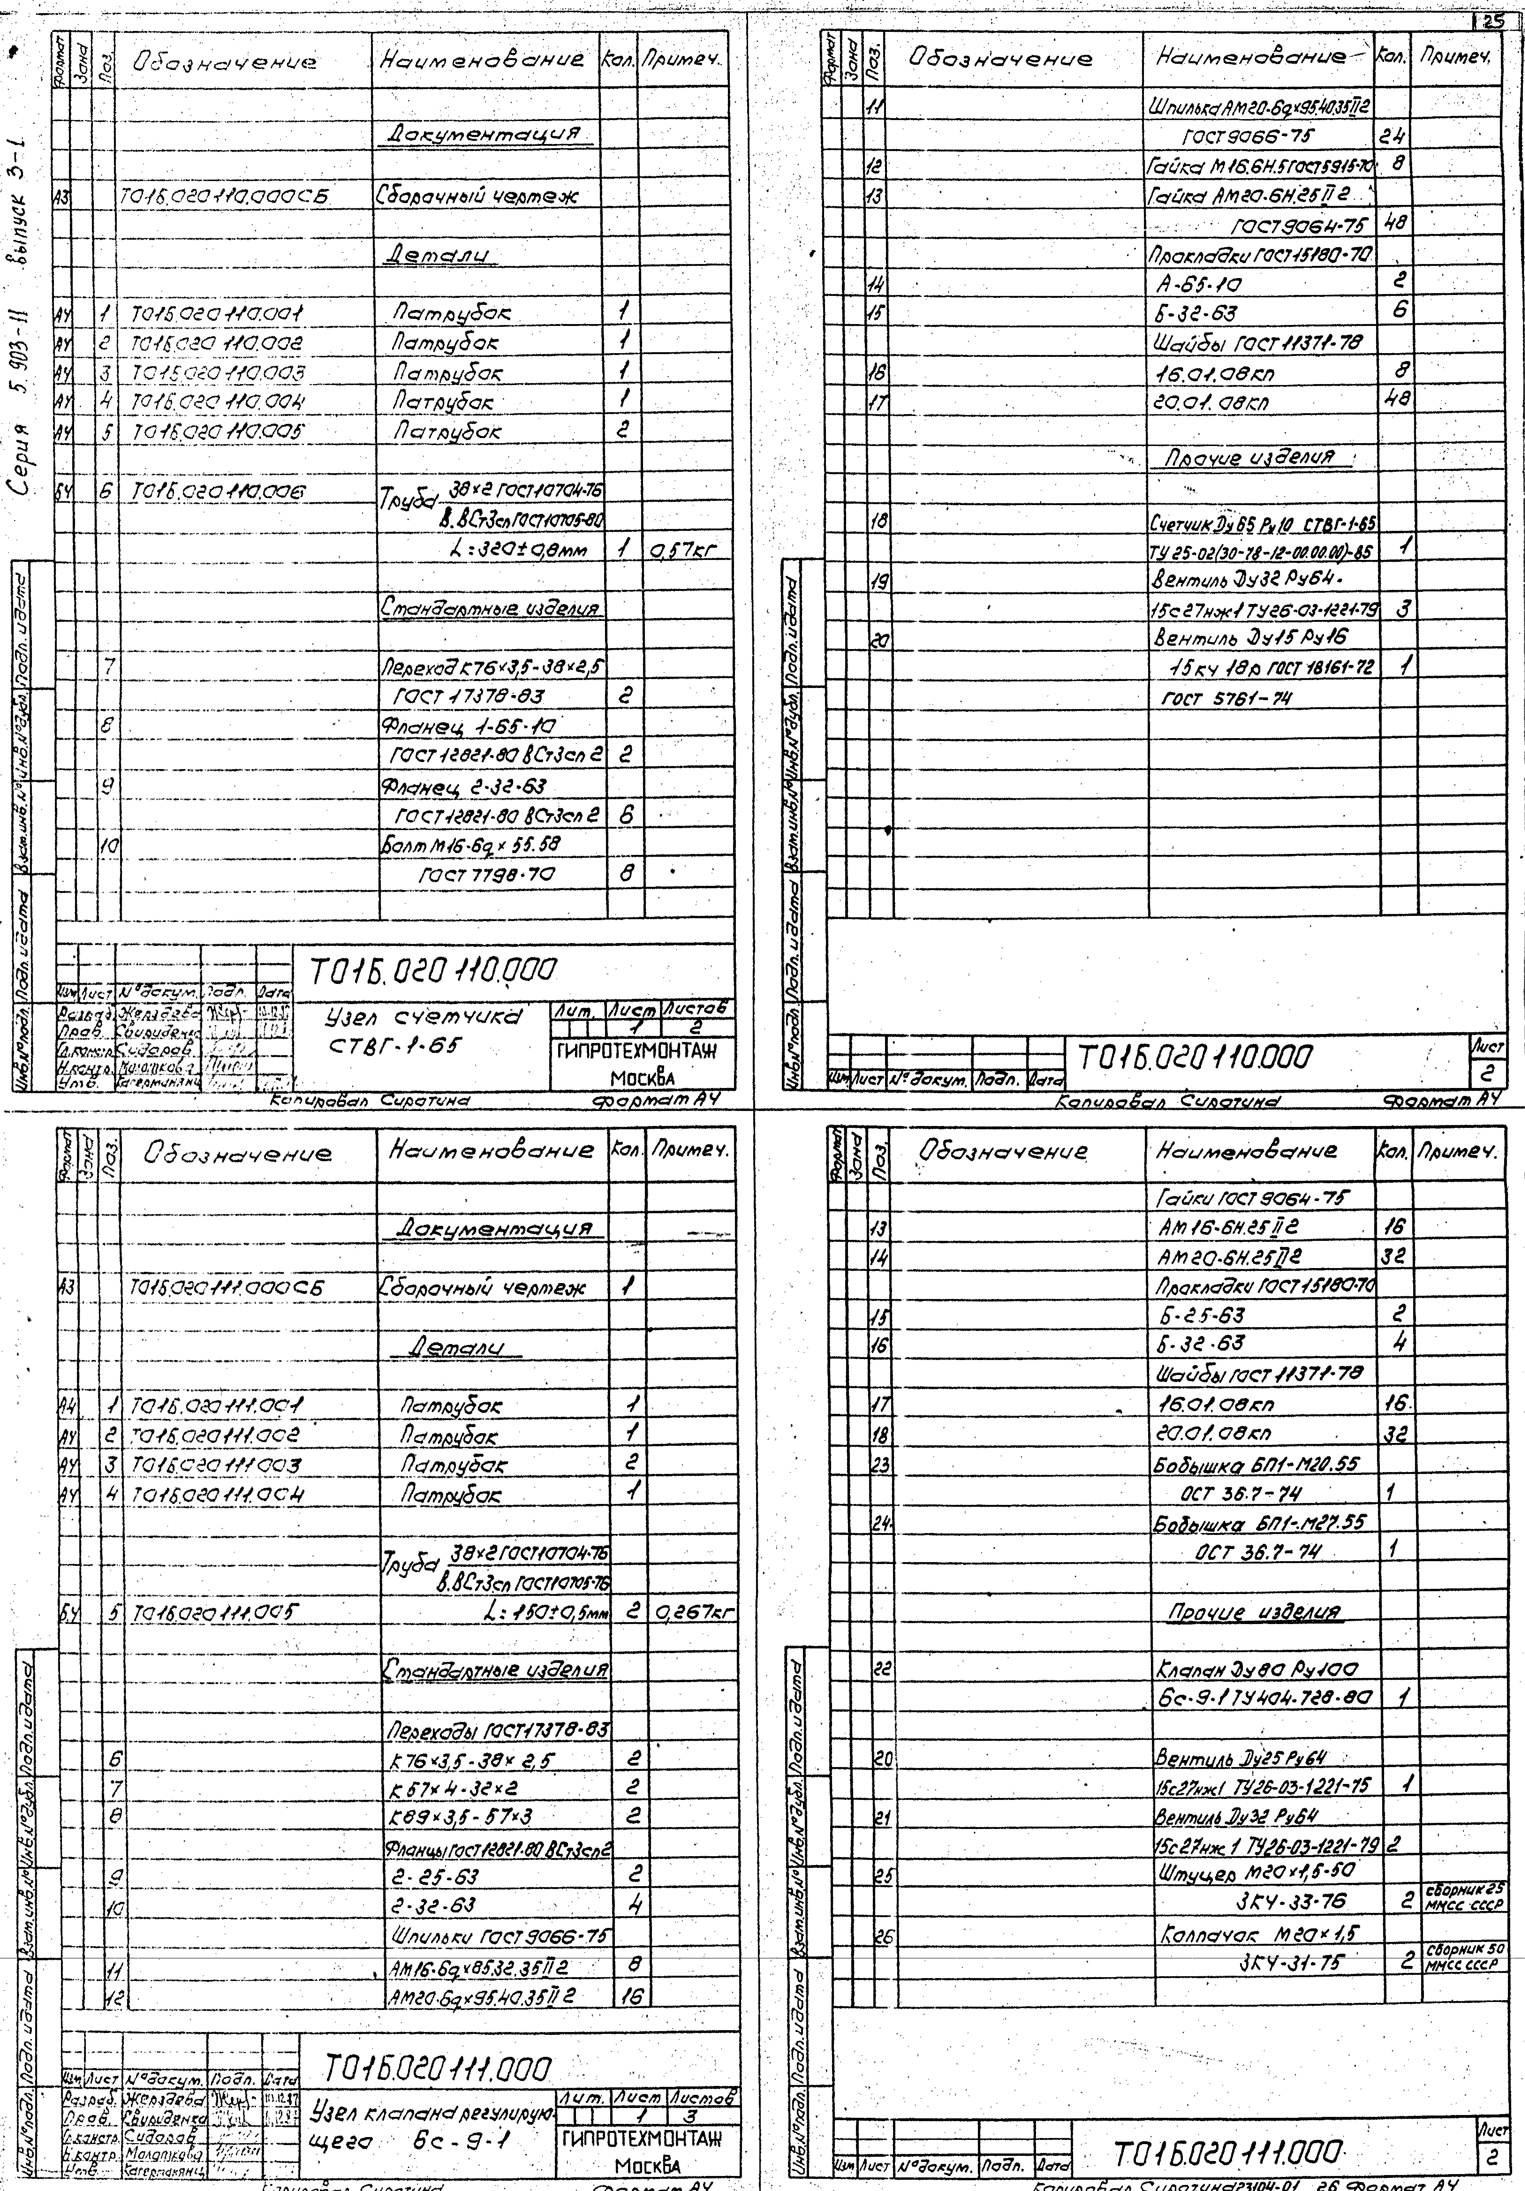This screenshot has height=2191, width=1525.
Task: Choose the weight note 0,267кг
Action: click(x=694, y=1613)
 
